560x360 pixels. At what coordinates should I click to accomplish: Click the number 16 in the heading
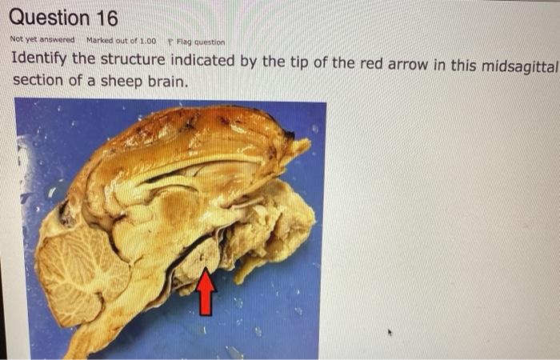tap(100, 18)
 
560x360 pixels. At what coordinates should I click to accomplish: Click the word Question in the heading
tap(48, 18)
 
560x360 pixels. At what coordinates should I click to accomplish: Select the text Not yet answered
tap(42, 40)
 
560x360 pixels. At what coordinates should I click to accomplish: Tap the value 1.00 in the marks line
tap(147, 40)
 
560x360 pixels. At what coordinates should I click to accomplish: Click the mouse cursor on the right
tap(391, 330)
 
